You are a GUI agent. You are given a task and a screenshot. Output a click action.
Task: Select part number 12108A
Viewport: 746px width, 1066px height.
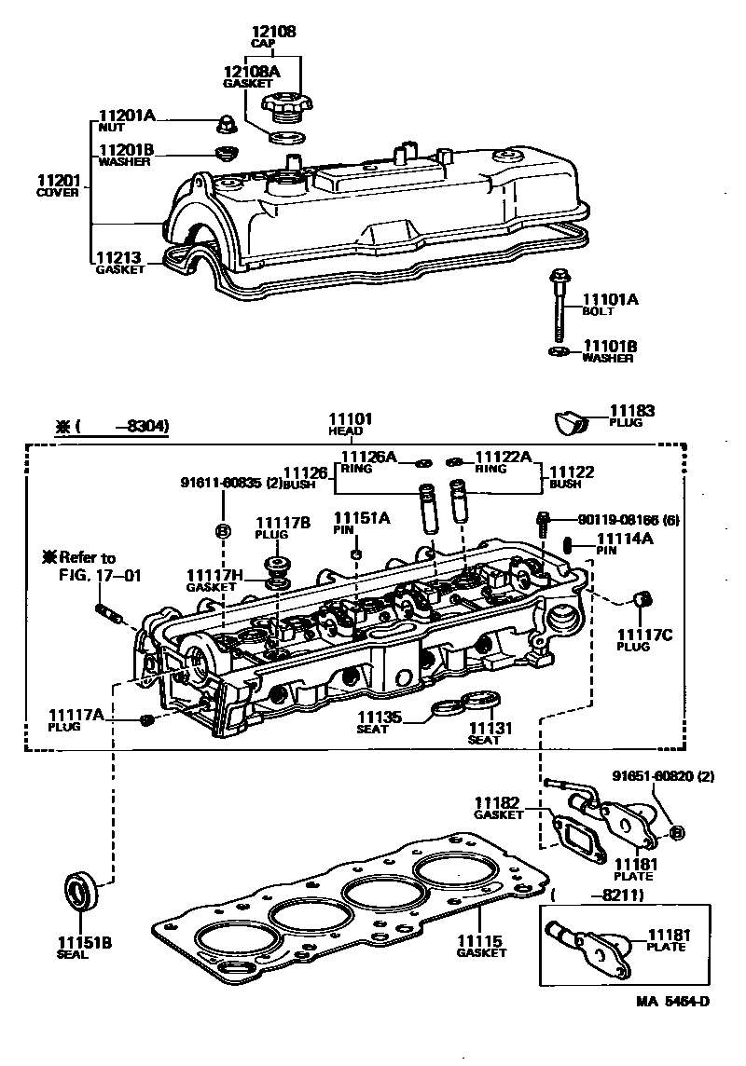point(249,70)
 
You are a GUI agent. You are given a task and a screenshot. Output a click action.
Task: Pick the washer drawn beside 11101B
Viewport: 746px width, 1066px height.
point(557,352)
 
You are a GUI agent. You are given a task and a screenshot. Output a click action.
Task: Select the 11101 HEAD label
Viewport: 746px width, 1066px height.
point(350,420)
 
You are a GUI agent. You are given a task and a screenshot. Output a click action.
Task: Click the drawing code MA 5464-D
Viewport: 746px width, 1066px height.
point(673,1002)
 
